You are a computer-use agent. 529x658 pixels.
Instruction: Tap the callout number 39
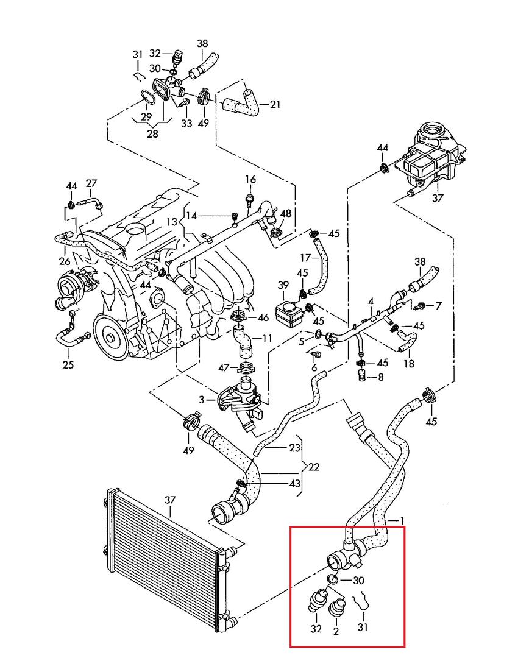pos(283,285)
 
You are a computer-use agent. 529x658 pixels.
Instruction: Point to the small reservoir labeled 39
pos(288,311)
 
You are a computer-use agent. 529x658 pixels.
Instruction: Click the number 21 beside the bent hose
pos(275,104)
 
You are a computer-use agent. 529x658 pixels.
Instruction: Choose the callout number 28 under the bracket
pos(152,133)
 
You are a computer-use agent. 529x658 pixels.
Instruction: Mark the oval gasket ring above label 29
pos(146,96)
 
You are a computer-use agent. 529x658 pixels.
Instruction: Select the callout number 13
pos(172,222)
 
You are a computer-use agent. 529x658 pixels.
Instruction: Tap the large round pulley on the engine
pos(112,337)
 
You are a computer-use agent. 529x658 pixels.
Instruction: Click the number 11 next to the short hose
pos(268,338)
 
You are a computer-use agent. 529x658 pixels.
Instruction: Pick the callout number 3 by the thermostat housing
pos(202,400)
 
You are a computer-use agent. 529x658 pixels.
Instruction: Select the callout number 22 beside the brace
pos(314,467)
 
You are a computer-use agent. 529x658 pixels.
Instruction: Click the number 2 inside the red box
pos(336,631)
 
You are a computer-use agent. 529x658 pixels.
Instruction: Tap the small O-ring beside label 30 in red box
pos(332,579)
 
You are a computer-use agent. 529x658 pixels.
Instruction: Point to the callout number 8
pos(381,377)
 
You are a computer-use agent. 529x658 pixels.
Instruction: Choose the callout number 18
pos(409,363)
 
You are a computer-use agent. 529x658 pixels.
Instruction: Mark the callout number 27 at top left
pos(91,183)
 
